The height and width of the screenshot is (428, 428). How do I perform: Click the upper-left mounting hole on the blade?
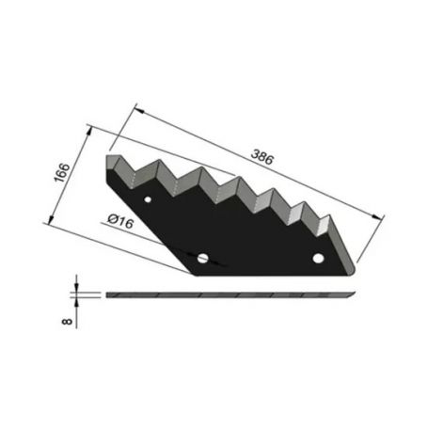point(149,201)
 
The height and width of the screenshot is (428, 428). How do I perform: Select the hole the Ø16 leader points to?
point(204,256)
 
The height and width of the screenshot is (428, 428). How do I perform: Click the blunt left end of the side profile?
point(106,294)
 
